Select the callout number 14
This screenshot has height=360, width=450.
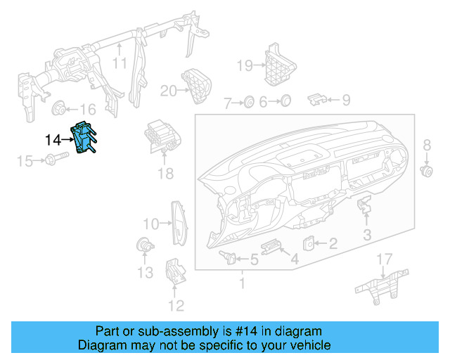[53, 140]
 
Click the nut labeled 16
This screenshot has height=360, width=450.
[59, 108]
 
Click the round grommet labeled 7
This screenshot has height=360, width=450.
[248, 103]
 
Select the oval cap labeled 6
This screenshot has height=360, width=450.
[284, 102]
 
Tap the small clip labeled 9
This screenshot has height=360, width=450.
[318, 100]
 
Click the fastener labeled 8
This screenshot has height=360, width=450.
[425, 170]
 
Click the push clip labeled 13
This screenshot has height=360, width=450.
[143, 246]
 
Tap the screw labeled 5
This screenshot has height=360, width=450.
[228, 255]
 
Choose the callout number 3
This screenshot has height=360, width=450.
[368, 234]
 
